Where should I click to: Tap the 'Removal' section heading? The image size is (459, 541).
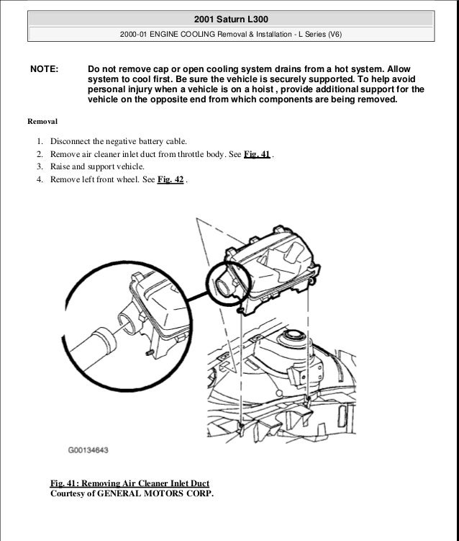pyautogui.click(x=42, y=122)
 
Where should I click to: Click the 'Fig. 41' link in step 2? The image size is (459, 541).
pyautogui.click(x=257, y=154)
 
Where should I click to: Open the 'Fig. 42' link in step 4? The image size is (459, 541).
pyautogui.click(x=171, y=180)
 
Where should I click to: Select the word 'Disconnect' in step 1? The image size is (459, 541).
pyautogui.click(x=71, y=141)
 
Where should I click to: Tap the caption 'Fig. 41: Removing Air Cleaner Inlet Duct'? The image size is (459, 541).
pyautogui.click(x=130, y=482)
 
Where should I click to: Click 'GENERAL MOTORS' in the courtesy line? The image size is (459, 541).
pyautogui.click(x=147, y=494)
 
